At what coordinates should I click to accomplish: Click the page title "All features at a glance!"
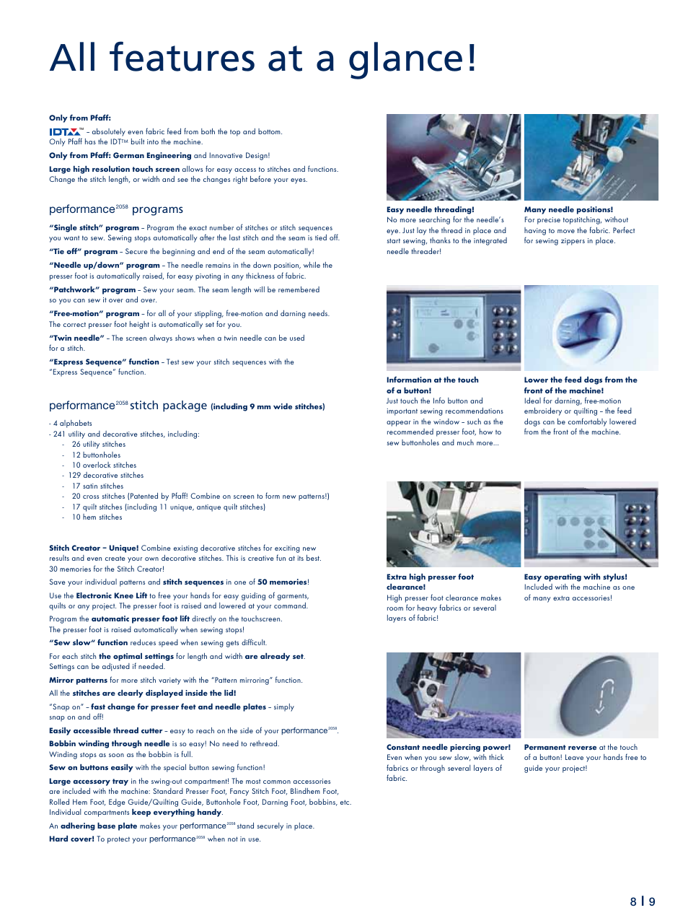pyautogui.click(x=263, y=58)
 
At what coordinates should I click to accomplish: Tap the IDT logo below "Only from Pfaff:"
pyautogui.click(x=65, y=132)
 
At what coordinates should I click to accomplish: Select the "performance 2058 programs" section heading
pyautogui.click(x=115, y=209)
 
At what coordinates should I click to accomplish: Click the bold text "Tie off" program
pyautogui.click(x=84, y=252)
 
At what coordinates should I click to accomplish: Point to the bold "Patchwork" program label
pyautogui.click(x=92, y=290)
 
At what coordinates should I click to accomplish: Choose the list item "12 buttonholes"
pyautogui.click(x=96, y=455)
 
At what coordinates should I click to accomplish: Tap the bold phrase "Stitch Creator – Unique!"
pyautogui.click(x=94, y=548)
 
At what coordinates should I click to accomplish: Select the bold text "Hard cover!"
pyautogui.click(x=71, y=839)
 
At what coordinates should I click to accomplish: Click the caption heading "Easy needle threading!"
pyautogui.click(x=430, y=210)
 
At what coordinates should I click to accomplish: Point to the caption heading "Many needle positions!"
pyautogui.click(x=568, y=210)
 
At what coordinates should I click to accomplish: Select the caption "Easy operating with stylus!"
pyautogui.click(x=575, y=577)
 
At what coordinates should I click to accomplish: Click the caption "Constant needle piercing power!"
pyautogui.click(x=448, y=748)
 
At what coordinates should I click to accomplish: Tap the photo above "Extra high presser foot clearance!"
pyautogui.click(x=453, y=524)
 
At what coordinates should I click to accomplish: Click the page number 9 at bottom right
pyautogui.click(x=652, y=901)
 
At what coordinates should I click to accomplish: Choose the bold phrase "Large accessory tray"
pyautogui.click(x=89, y=782)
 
